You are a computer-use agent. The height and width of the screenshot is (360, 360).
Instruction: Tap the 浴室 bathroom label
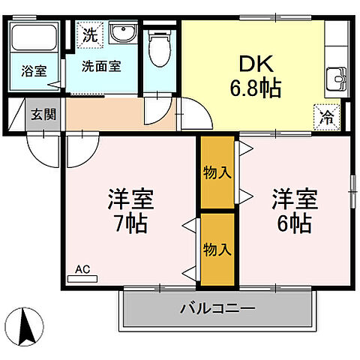(x=32, y=73)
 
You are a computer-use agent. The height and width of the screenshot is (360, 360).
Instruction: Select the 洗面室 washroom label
(x=101, y=64)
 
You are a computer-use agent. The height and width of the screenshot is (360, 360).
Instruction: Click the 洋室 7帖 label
(x=130, y=211)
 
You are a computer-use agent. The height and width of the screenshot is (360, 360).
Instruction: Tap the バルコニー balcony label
(x=217, y=307)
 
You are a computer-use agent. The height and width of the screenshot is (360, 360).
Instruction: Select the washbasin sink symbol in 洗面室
(x=120, y=34)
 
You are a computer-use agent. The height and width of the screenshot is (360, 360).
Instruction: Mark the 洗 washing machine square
(x=89, y=34)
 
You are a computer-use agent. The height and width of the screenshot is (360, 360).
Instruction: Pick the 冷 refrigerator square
(x=327, y=116)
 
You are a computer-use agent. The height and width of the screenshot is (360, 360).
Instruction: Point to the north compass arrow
(x=25, y=325)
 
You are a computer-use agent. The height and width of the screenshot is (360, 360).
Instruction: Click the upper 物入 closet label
(x=217, y=172)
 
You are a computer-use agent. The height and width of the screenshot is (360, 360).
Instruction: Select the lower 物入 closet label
(x=217, y=248)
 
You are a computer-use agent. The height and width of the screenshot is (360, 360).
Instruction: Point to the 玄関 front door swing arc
(x=43, y=148)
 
